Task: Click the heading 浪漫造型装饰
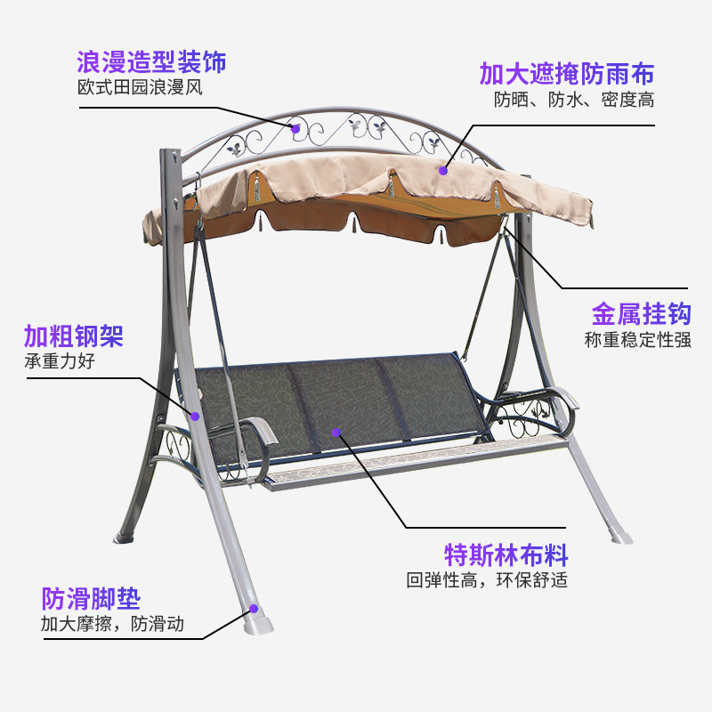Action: (x=151, y=62)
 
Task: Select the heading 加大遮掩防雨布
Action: (x=567, y=73)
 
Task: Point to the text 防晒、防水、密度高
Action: (x=574, y=100)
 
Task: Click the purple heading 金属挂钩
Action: (x=641, y=313)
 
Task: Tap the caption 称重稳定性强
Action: (x=637, y=339)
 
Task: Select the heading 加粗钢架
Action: (x=73, y=336)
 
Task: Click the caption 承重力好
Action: (x=59, y=361)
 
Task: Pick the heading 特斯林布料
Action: (x=506, y=555)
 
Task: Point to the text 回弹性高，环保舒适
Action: (x=487, y=580)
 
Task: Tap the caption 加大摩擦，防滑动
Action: (x=112, y=624)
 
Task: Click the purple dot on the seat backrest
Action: (x=336, y=433)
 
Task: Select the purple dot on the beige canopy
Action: (x=442, y=166)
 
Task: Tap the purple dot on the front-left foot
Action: (x=254, y=609)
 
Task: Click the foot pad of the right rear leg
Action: (x=620, y=537)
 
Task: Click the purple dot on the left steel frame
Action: (x=194, y=416)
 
